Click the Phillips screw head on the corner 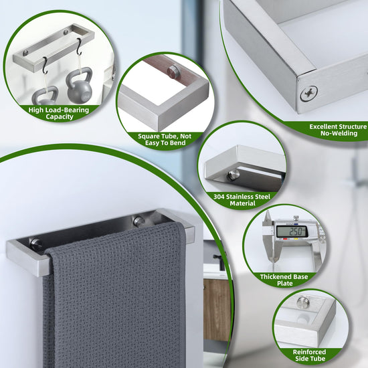pyautogui.click(x=308, y=94)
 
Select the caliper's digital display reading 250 pyautogui.click(x=292, y=232)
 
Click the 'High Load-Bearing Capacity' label pyautogui.click(x=59, y=113)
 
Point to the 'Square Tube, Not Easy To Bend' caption pyautogui.click(x=165, y=140)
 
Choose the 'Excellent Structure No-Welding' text pyautogui.click(x=339, y=130)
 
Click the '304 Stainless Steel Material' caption pyautogui.click(x=242, y=200)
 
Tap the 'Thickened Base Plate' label pyautogui.click(x=284, y=280)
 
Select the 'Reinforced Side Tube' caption pyautogui.click(x=310, y=355)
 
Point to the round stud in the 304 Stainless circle pyautogui.click(x=233, y=175)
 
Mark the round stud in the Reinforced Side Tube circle pyautogui.click(x=302, y=302)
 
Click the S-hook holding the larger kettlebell pyautogui.click(x=79, y=46)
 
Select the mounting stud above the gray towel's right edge pyautogui.click(x=139, y=221)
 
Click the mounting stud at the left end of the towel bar pyautogui.click(x=35, y=244)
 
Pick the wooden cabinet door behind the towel pyautogui.click(x=217, y=310)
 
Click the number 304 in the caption pyautogui.click(x=219, y=197)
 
